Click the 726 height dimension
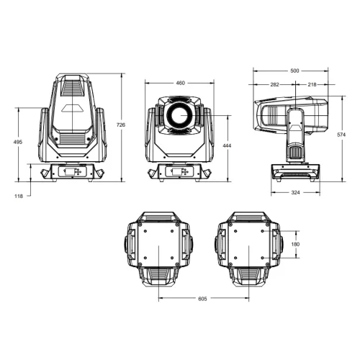(121, 125)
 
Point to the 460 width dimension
(180, 83)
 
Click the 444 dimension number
(227, 146)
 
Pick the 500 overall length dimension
(294, 71)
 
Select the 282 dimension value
(274, 84)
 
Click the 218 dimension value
(311, 84)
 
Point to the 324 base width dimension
(295, 194)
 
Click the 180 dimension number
(294, 245)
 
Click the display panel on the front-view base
(179, 172)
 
